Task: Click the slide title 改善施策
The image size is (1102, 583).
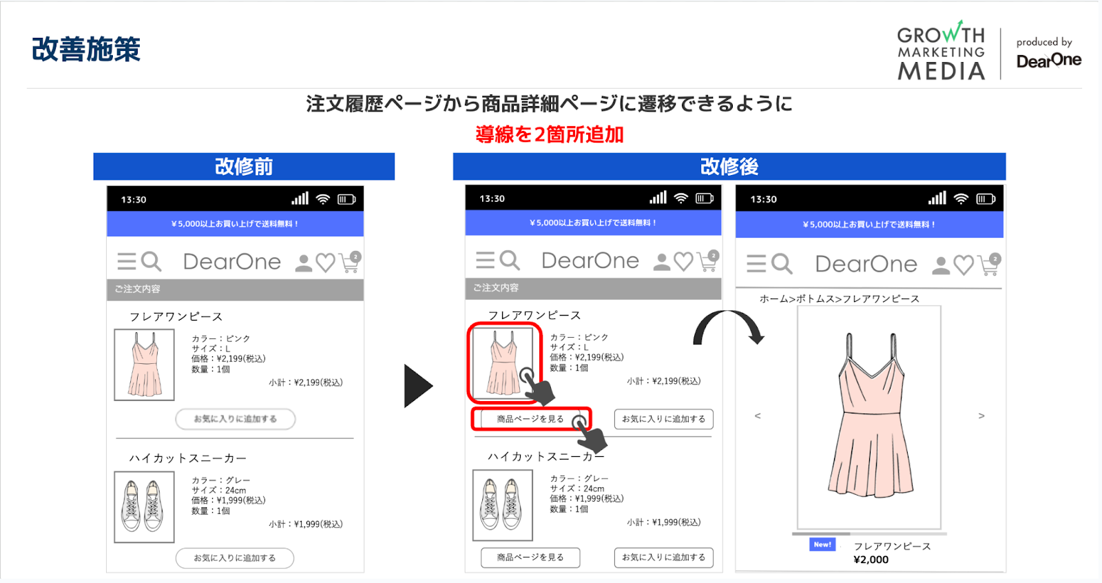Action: pyautogui.click(x=86, y=50)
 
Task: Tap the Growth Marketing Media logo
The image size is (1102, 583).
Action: pyautogui.click(x=941, y=52)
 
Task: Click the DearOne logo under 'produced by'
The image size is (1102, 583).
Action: pyautogui.click(x=1048, y=61)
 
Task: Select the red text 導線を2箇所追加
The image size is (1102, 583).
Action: pyautogui.click(x=549, y=134)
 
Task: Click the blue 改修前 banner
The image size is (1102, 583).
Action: pyautogui.click(x=244, y=167)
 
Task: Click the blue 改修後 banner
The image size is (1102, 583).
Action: pyautogui.click(x=729, y=167)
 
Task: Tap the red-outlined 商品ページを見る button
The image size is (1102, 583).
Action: pyautogui.click(x=530, y=419)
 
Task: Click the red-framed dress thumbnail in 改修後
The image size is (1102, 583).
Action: pyautogui.click(x=503, y=363)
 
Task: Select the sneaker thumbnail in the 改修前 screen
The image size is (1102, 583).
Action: pyautogui.click(x=144, y=507)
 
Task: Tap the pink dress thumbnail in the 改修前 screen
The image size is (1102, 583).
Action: pyautogui.click(x=144, y=365)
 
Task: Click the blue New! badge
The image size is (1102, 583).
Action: pyautogui.click(x=822, y=544)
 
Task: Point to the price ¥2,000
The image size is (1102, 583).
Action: pyautogui.click(x=871, y=560)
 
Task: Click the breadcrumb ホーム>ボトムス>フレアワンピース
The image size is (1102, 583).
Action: pyautogui.click(x=839, y=298)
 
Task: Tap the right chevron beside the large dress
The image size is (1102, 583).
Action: pyautogui.click(x=981, y=416)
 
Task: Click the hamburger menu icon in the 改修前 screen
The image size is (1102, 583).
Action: pyautogui.click(x=127, y=261)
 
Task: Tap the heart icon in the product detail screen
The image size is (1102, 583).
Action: pyautogui.click(x=964, y=265)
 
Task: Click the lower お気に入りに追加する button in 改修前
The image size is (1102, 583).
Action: pyautogui.click(x=235, y=558)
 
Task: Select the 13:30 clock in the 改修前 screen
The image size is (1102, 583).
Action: pyautogui.click(x=134, y=200)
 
